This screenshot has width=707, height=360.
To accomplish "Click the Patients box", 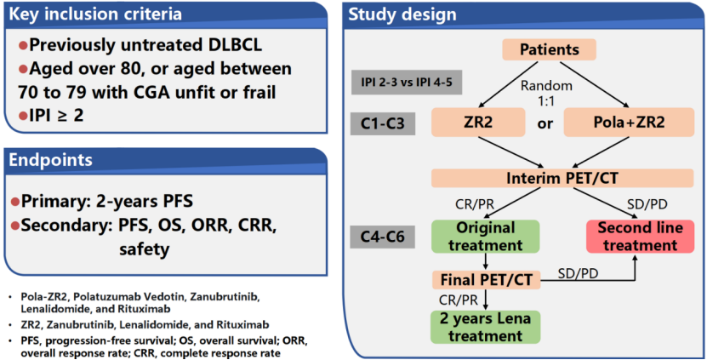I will pos(550,49).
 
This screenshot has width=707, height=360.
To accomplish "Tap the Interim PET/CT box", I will pos(550,178).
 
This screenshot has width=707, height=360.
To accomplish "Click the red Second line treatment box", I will pos(637,237).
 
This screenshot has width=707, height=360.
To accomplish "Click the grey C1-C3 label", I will pos(382,123).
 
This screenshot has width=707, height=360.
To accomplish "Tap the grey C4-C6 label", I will pos(382,234).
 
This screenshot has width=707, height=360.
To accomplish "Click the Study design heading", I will pos(402,14).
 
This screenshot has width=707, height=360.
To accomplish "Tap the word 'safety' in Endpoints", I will pos(145,249).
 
